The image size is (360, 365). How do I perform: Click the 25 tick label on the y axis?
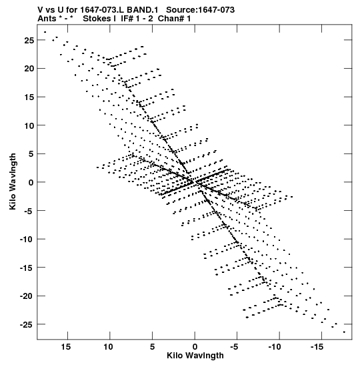coord(29,41)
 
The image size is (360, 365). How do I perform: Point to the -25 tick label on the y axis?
coord(27,324)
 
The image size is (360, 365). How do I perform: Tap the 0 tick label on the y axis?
coord(31,183)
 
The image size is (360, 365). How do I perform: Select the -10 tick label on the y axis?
coord(27,240)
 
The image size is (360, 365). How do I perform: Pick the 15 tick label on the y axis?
coord(29,97)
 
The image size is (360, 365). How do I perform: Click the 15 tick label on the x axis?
coord(66,347)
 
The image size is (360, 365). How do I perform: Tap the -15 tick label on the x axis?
coord(317,347)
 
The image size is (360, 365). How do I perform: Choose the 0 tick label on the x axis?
coord(195,347)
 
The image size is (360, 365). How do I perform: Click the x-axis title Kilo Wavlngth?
coord(195,356)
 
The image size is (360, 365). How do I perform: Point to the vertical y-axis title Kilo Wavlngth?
coord(13,181)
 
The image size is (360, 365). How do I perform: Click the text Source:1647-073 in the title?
coord(201,10)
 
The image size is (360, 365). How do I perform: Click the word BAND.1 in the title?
coord(143,10)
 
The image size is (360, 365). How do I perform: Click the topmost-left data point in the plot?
coord(45,32)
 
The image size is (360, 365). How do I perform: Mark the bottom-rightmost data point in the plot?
coord(344,332)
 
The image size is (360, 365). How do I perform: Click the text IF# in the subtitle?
coord(127,19)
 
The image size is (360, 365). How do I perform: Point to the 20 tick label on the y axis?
coord(29,69)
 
